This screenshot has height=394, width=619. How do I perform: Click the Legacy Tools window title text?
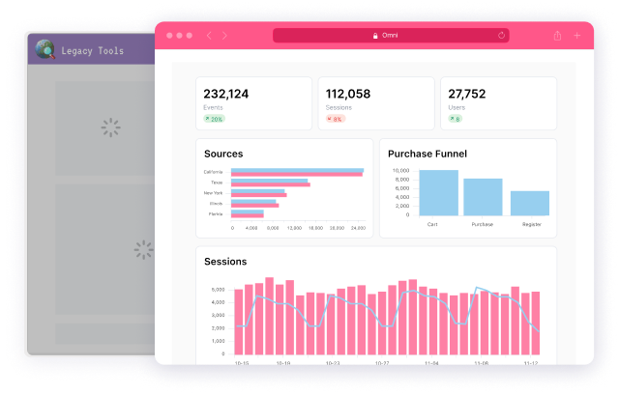[92, 50]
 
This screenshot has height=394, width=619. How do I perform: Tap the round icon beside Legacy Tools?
[44, 50]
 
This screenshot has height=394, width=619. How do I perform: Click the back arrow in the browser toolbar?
[209, 36]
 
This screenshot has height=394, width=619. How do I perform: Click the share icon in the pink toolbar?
[558, 36]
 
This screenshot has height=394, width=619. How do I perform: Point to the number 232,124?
[226, 94]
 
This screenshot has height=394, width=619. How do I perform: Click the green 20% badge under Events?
[214, 119]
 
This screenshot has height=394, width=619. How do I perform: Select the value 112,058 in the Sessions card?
[348, 94]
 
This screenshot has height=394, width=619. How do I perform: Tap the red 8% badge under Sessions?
[336, 119]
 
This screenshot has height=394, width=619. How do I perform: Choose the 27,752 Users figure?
[467, 94]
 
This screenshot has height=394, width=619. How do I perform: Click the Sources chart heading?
[223, 154]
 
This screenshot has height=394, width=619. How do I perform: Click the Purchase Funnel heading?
[427, 154]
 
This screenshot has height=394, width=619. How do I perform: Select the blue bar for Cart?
[439, 192]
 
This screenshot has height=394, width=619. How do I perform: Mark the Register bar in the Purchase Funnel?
[530, 203]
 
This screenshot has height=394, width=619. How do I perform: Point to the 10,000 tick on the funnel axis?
[400, 171]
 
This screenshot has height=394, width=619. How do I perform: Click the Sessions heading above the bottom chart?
[225, 261]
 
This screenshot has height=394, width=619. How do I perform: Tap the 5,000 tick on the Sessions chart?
[218, 289]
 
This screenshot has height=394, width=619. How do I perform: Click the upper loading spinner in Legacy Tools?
[111, 127]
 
